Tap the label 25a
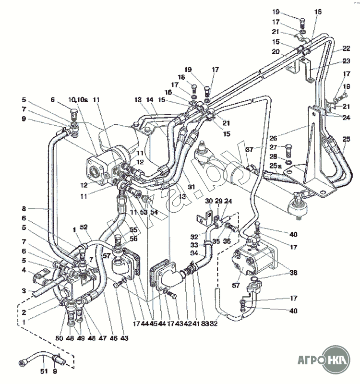tap(275, 166)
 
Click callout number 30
tap(208, 201)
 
